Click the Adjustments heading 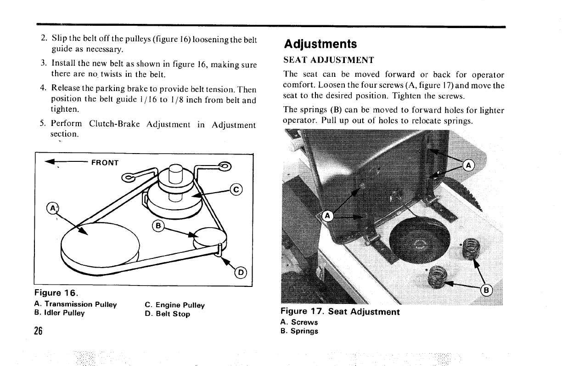pyautogui.click(x=320, y=44)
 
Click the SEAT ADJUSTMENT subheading pyautogui.click(x=329, y=60)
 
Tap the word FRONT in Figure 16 pyautogui.click(x=105, y=163)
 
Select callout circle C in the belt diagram pyautogui.click(x=236, y=189)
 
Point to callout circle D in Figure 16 pyautogui.click(x=241, y=273)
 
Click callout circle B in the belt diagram pyautogui.click(x=158, y=226)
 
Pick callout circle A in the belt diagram pyautogui.click(x=53, y=208)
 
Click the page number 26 pyautogui.click(x=39, y=331)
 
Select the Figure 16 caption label pyautogui.click(x=56, y=293)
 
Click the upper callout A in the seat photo pyautogui.click(x=468, y=166)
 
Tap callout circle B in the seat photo pyautogui.click(x=486, y=291)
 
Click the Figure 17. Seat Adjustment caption pyautogui.click(x=340, y=311)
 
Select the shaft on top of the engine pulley pyautogui.click(x=175, y=173)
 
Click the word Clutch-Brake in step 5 pyautogui.click(x=114, y=124)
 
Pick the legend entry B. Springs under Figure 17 pyautogui.click(x=299, y=331)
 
